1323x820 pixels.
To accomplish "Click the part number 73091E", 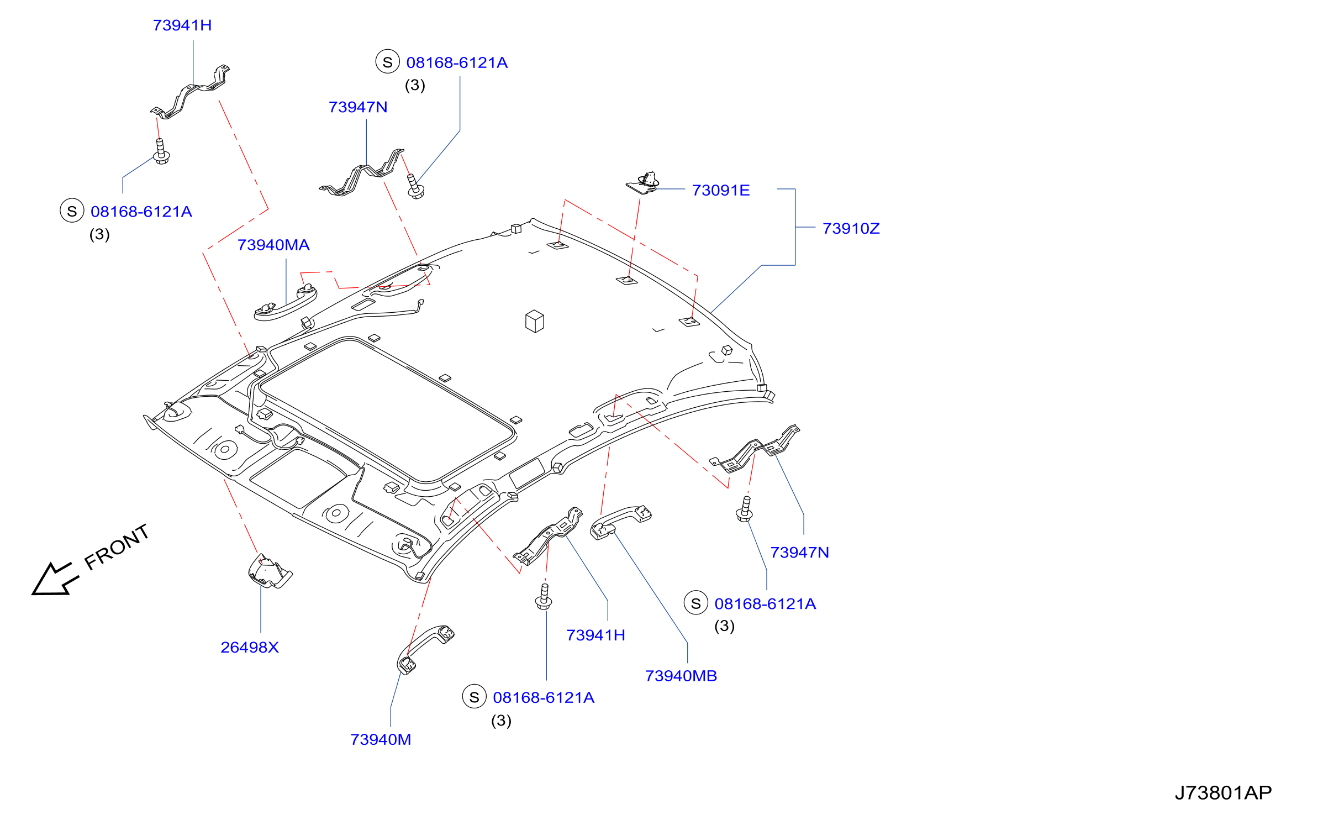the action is [720, 191].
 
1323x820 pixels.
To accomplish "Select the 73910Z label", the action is [851, 229].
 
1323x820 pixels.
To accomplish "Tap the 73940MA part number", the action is [273, 245].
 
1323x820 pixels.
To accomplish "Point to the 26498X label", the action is [250, 648].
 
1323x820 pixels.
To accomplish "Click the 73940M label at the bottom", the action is [381, 740].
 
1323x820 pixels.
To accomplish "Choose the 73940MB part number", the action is [681, 676].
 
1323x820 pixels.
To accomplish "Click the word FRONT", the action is [117, 547].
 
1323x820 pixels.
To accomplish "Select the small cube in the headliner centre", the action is [535, 321].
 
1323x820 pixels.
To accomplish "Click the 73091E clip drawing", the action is [643, 183].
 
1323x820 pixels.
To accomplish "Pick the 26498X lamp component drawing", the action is [270, 571].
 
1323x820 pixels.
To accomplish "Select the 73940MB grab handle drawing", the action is [620, 522].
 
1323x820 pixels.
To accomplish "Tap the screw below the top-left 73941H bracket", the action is [161, 151].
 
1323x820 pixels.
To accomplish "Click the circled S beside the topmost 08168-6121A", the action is [387, 62].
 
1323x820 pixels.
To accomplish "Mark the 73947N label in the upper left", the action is [358, 107].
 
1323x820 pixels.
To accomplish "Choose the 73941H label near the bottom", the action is [595, 635].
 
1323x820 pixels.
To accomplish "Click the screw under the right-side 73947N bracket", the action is [745, 509].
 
